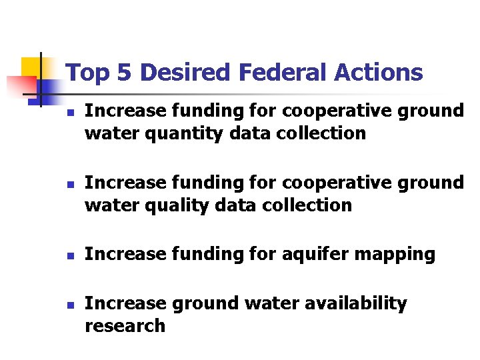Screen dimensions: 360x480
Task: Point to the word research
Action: point(125,326)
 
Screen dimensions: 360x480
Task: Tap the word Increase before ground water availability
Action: point(126,303)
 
